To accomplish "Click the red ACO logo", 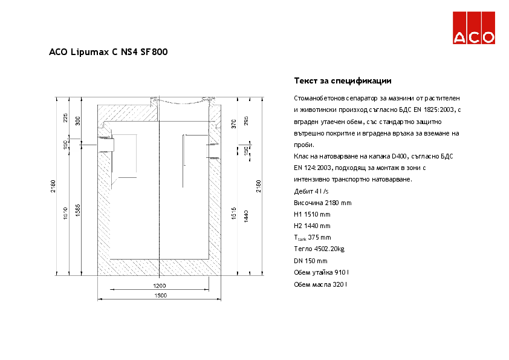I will click(x=475, y=28).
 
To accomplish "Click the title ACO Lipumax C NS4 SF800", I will click(x=108, y=52).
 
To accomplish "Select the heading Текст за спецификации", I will click(x=343, y=80).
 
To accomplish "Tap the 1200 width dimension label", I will click(x=159, y=285).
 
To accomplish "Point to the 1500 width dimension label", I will click(x=159, y=295).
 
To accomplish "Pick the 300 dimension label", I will click(x=77, y=120).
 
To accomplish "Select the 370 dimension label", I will click(x=233, y=124).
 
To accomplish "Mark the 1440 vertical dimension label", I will click(x=246, y=216).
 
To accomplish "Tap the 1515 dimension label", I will click(x=233, y=213).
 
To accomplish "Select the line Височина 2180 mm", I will click(x=322, y=203).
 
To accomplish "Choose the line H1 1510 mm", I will click(x=312, y=214).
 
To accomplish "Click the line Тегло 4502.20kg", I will click(x=319, y=249).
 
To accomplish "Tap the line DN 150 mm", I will click(x=310, y=261).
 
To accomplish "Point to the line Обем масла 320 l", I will click(x=320, y=284).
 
